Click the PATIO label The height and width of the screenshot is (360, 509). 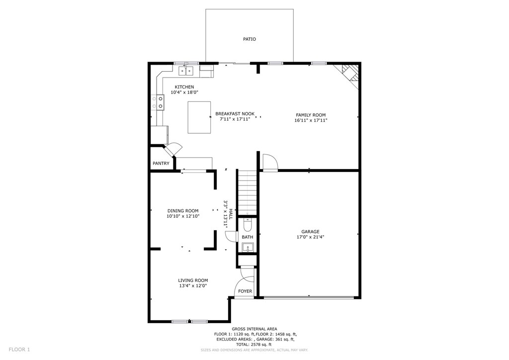250,39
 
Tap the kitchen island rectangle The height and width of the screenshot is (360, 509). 199,117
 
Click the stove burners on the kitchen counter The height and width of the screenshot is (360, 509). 161,102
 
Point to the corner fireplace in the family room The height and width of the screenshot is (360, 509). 349,74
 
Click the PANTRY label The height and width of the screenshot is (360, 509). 161,164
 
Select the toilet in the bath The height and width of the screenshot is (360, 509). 248,226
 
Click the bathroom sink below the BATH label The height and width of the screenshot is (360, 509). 248,247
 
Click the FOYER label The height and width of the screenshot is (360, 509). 245,291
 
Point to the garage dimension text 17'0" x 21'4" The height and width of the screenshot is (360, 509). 310,237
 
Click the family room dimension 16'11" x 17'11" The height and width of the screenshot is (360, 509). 311,120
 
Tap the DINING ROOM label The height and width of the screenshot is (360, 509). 182,211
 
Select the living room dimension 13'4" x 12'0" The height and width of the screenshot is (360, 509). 193,286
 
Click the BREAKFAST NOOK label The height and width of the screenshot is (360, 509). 235,114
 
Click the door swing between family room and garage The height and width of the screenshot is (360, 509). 269,162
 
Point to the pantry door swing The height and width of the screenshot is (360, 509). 174,149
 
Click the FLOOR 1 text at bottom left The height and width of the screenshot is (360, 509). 19,350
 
